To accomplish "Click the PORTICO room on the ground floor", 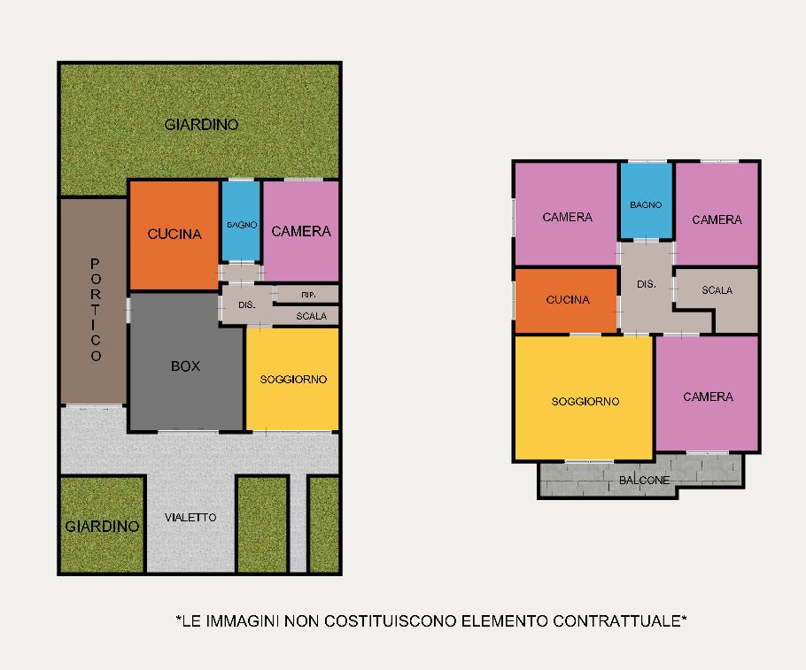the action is click(x=94, y=301).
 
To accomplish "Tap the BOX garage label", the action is click(x=186, y=366).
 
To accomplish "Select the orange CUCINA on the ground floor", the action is click(x=174, y=235).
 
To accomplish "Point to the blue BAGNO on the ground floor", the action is click(x=241, y=221).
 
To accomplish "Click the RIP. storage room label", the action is click(x=308, y=295).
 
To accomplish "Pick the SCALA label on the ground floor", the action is click(x=312, y=316).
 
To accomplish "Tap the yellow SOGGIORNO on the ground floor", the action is click(x=292, y=379).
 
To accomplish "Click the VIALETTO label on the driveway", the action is click(x=190, y=518).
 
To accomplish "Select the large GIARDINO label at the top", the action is click(x=201, y=124).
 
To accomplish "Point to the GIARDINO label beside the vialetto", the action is click(x=102, y=526).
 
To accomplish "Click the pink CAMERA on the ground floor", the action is click(x=301, y=231).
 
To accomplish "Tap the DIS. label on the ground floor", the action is click(x=247, y=304).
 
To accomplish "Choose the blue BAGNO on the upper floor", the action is click(x=647, y=201).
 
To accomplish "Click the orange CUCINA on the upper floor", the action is click(x=566, y=301).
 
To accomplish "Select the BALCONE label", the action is click(x=644, y=481).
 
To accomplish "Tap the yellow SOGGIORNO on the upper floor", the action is click(x=584, y=397).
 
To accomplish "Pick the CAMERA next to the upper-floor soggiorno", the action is click(x=708, y=394).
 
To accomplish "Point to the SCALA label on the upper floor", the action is click(x=717, y=290).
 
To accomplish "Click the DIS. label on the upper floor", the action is click(x=647, y=284).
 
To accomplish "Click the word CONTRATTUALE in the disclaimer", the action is click(x=619, y=621).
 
